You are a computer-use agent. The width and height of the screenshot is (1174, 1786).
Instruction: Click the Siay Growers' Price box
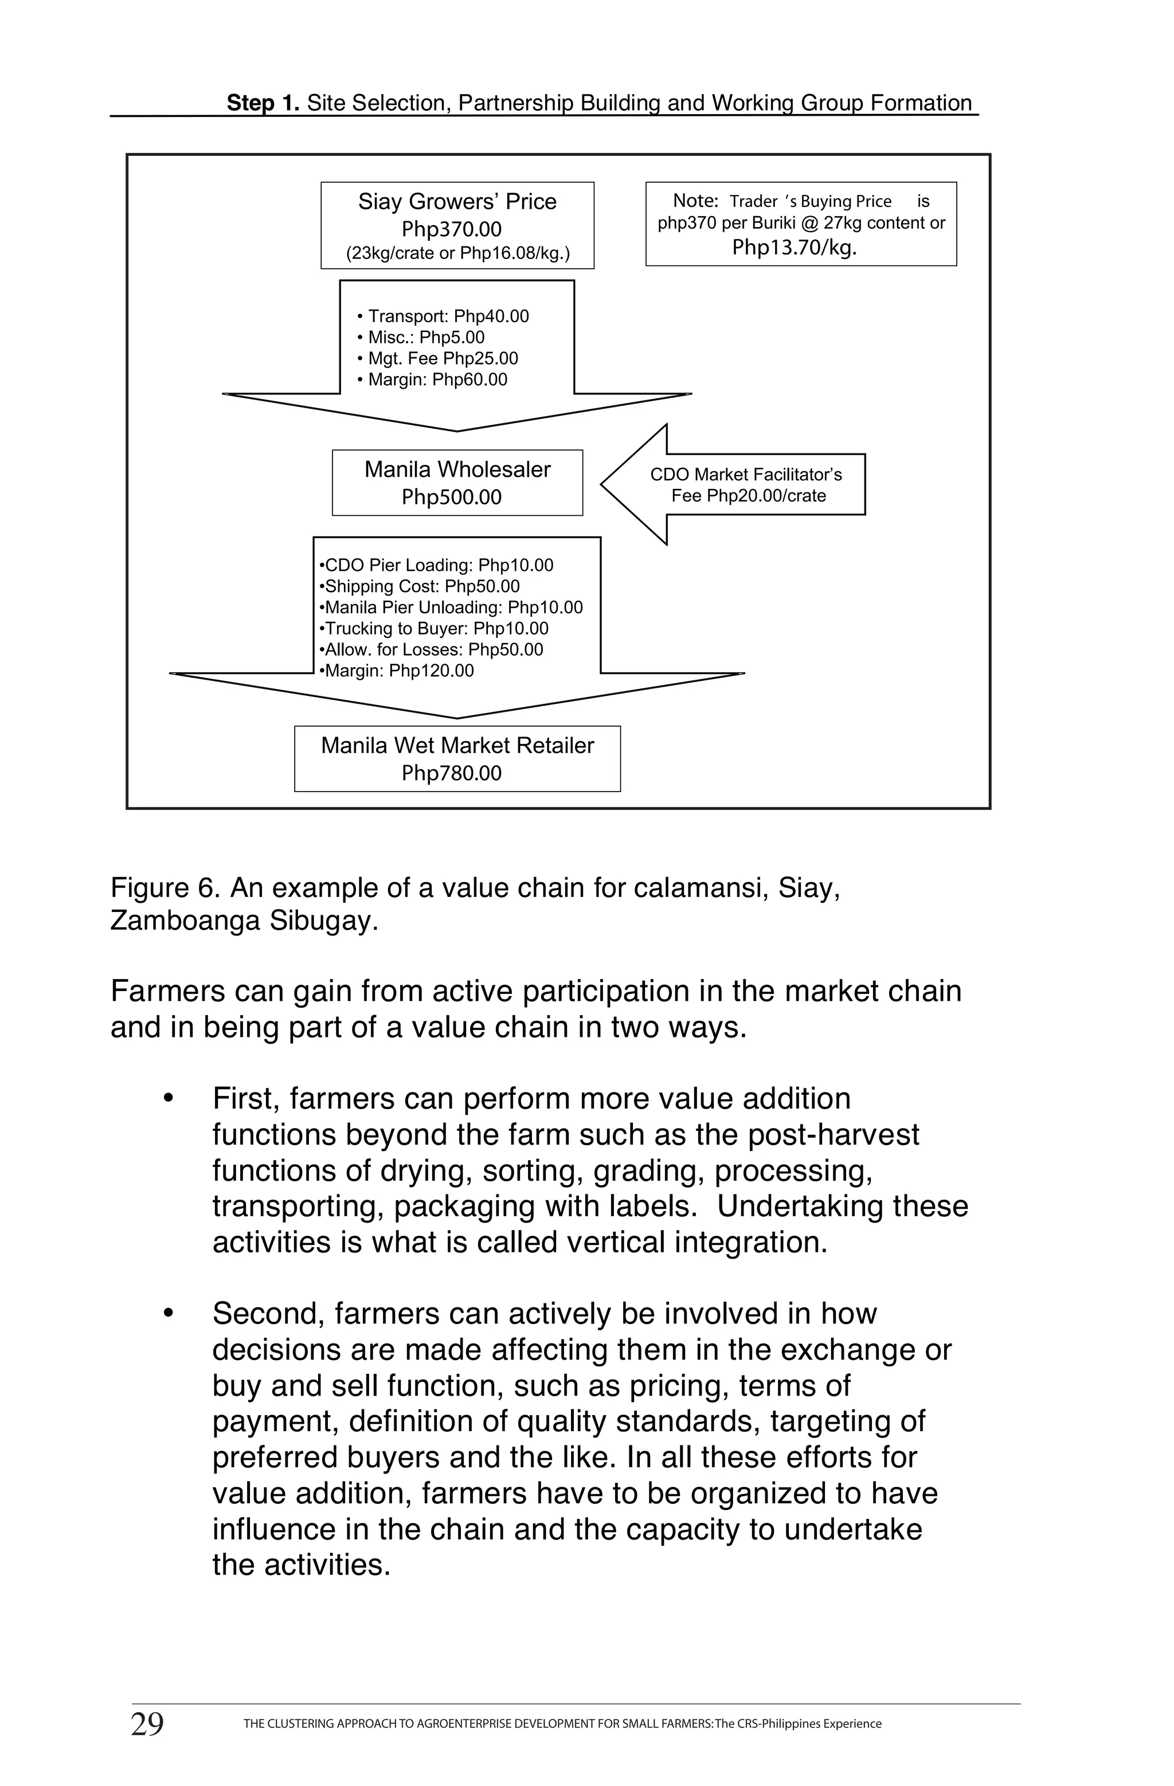point(457,225)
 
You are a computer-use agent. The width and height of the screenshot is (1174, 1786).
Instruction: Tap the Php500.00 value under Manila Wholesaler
point(451,497)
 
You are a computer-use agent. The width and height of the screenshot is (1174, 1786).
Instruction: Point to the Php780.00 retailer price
point(451,773)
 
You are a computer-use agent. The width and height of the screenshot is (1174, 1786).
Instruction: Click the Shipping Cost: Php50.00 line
point(420,587)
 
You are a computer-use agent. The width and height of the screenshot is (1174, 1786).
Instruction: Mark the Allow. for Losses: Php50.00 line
point(432,650)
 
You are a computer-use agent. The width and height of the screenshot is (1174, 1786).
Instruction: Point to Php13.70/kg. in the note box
point(794,248)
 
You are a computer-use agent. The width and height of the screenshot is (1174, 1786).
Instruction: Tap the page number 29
point(147,1725)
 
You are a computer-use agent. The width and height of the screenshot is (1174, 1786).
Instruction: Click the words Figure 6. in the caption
point(165,888)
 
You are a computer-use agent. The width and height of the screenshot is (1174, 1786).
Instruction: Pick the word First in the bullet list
point(245,1099)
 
